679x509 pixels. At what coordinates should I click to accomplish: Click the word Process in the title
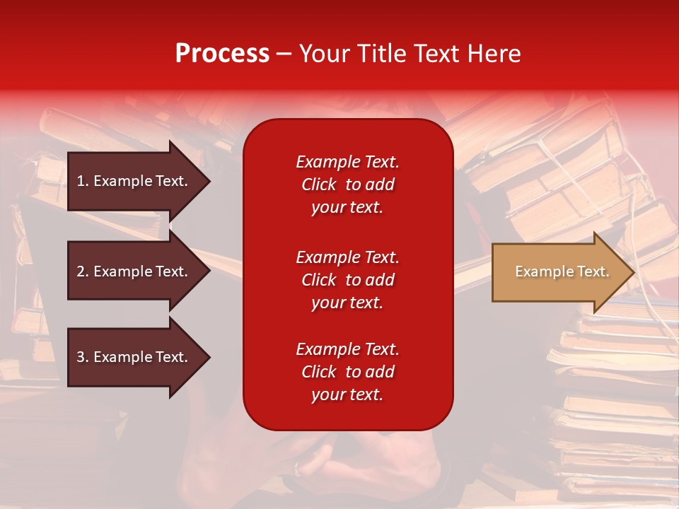pyautogui.click(x=222, y=54)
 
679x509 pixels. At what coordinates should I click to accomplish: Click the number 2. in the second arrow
pyautogui.click(x=83, y=271)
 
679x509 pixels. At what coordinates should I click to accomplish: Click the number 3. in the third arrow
pyautogui.click(x=83, y=357)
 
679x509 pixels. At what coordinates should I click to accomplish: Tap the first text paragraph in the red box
pyautogui.click(x=347, y=185)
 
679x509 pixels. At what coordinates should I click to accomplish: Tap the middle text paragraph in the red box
pyautogui.click(x=347, y=280)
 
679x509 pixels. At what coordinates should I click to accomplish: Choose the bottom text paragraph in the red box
pyautogui.click(x=347, y=372)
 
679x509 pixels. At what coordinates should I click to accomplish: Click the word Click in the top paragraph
pyautogui.click(x=318, y=185)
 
